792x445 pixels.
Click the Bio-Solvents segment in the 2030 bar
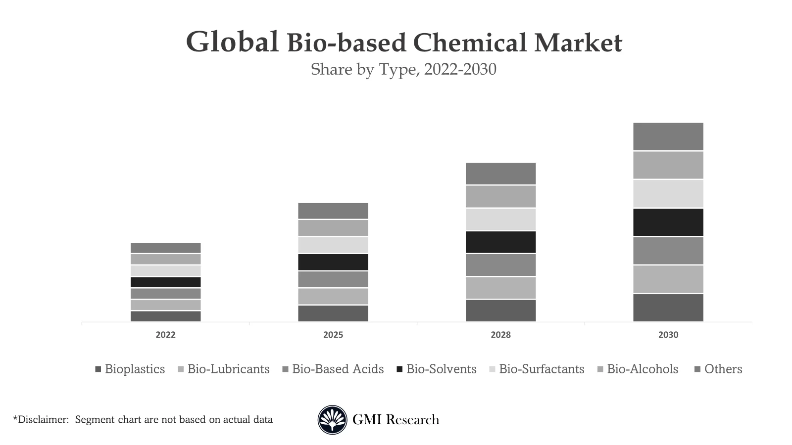668,222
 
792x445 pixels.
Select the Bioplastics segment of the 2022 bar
165,316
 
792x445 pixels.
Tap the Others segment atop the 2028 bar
500,174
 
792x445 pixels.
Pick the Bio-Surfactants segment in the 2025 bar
333,245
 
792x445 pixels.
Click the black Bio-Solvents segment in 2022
165,282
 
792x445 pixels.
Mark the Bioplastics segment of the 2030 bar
668,308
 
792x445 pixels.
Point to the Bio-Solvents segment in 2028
500,242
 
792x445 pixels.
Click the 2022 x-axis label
165,335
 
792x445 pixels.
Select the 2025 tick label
333,335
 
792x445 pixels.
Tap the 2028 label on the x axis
500,335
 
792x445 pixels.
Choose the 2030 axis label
668,335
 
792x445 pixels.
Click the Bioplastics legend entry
134,369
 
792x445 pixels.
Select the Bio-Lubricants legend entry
228,369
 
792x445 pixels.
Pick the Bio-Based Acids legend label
338,369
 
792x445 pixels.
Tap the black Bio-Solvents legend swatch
399,369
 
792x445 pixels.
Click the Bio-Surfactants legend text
542,369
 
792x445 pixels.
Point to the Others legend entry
723,369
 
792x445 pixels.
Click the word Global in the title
232,42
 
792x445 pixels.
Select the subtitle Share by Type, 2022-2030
403,69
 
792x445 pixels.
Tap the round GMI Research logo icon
332,420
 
